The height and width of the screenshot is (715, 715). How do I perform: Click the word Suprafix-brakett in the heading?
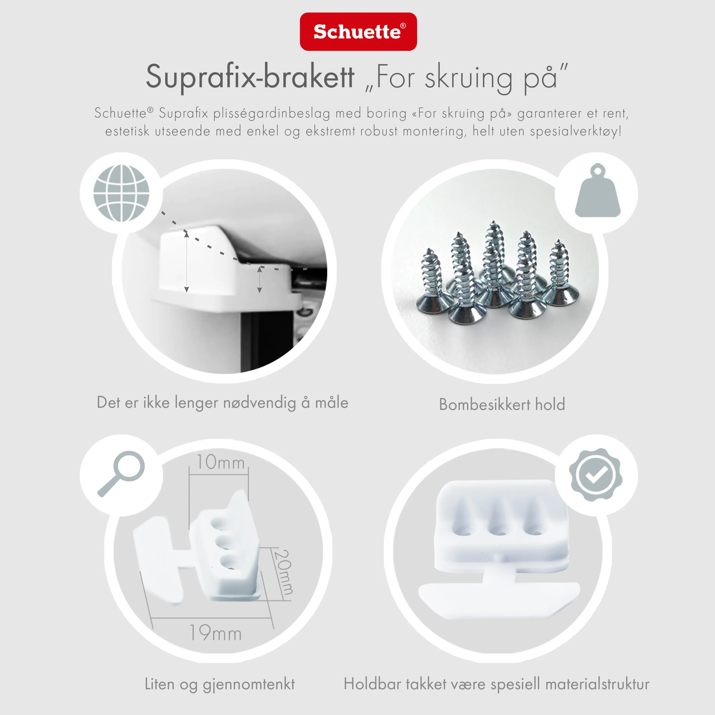click(250, 77)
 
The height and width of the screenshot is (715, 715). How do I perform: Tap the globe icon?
click(121, 193)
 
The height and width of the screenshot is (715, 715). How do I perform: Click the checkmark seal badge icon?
click(596, 475)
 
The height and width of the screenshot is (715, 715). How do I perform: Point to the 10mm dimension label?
click(220, 463)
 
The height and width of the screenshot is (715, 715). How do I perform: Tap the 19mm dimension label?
click(215, 633)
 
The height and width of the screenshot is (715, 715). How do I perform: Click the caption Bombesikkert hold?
click(502, 405)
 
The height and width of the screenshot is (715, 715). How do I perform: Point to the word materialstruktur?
click(597, 684)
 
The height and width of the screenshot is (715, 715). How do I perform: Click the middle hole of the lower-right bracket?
click(498, 530)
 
